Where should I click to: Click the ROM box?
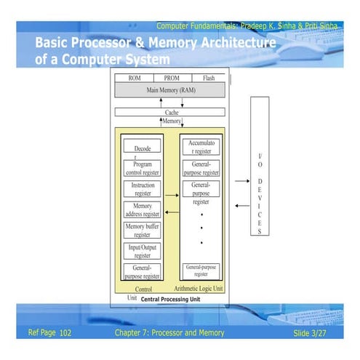coord(135,78)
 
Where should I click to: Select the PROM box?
coord(172,78)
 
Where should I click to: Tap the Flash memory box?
coord(209,78)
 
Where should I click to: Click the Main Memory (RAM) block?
coord(171,91)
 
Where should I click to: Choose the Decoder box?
coord(142,148)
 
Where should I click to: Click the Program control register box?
coord(142,169)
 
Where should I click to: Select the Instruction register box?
coord(142,189)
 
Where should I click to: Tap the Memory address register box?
coord(142,210)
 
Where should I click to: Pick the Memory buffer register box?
coord(142,231)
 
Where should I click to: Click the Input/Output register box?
coord(142,251)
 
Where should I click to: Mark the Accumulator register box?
coord(200,148)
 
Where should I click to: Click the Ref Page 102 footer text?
coord(49,333)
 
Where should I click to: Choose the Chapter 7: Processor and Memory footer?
coord(169,333)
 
